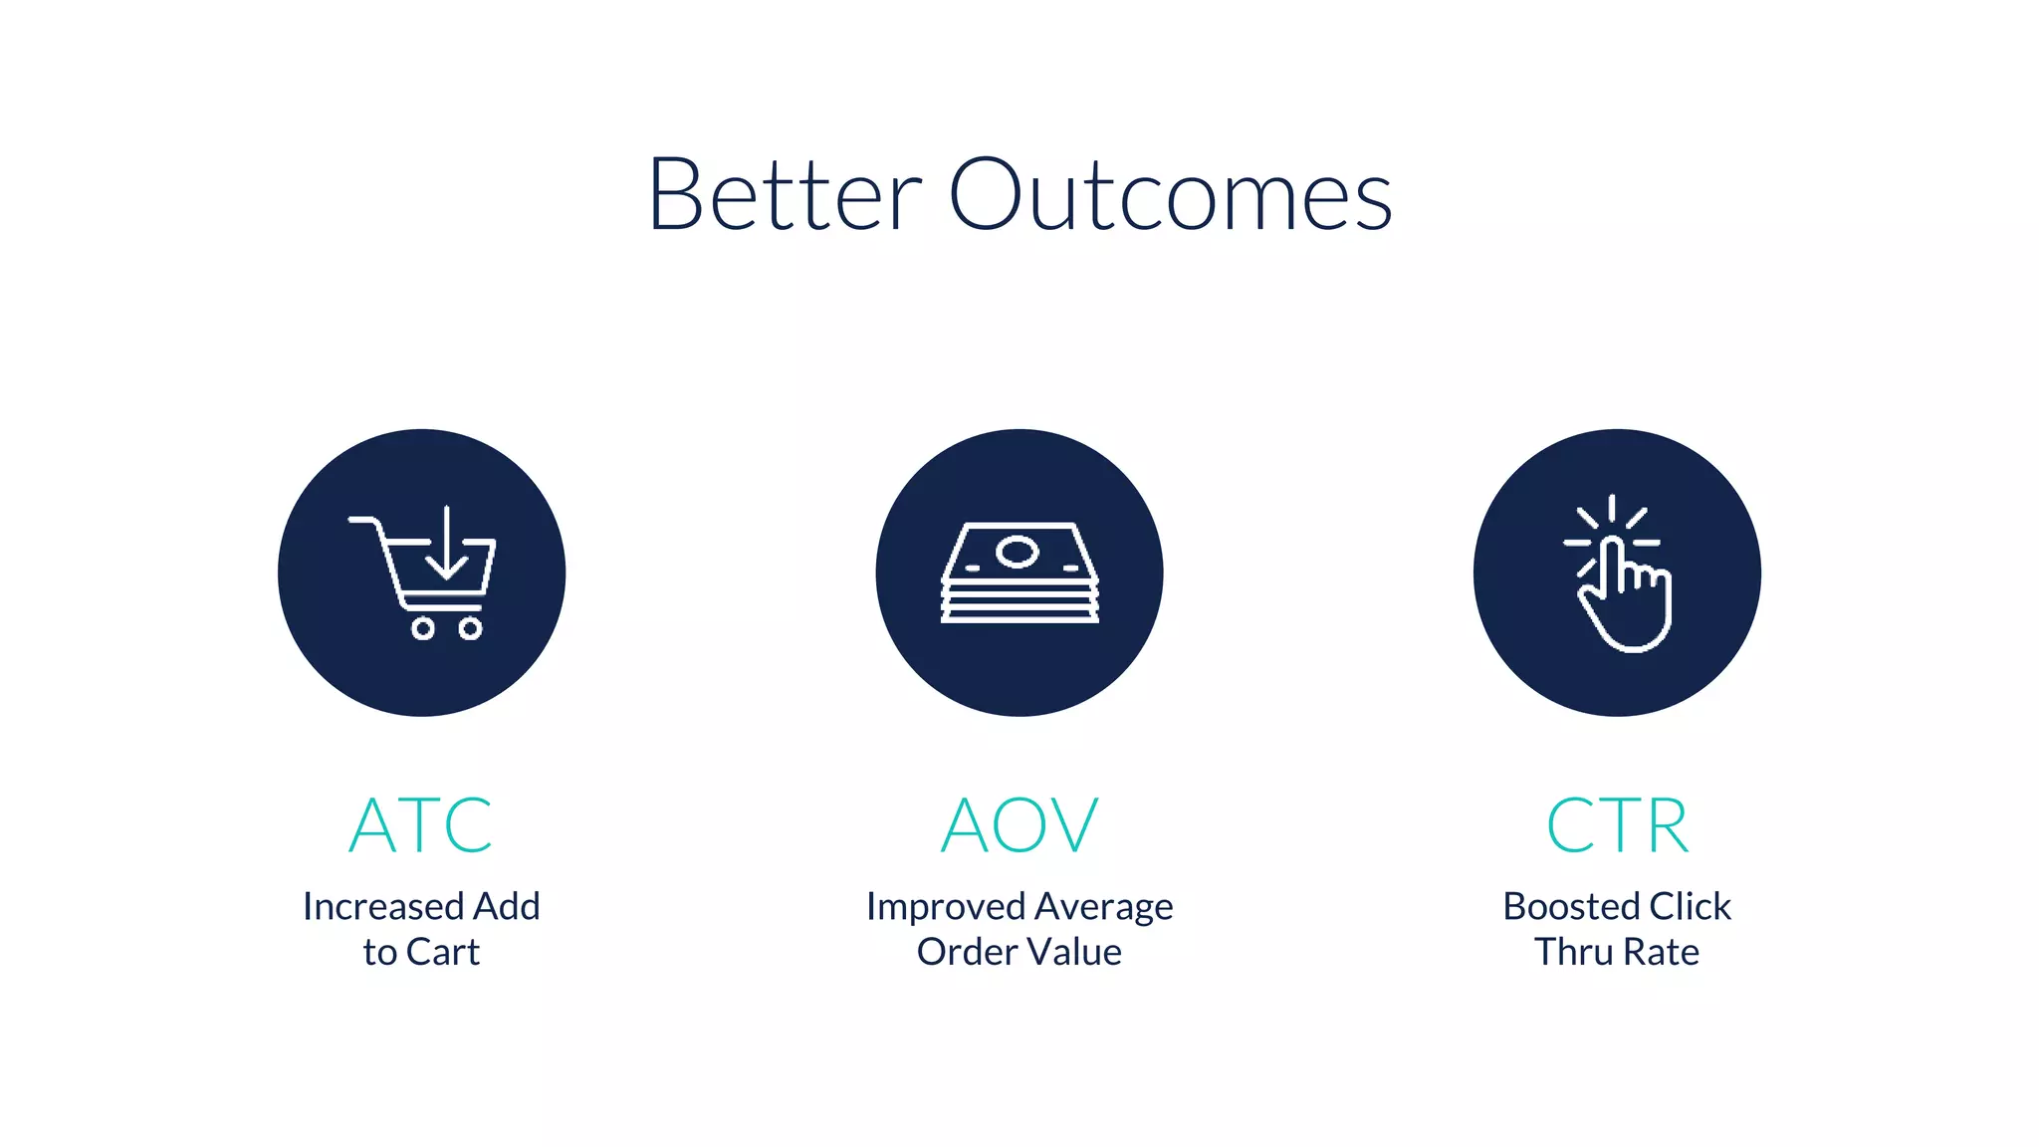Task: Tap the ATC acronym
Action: pyautogui.click(x=421, y=825)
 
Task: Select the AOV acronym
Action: pyautogui.click(x=1019, y=825)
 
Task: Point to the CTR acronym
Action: pyautogui.click(x=1617, y=825)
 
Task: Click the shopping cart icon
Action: pyautogui.click(x=422, y=573)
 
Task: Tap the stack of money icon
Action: pyautogui.click(x=1019, y=573)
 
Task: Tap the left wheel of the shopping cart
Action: pyautogui.click(x=423, y=628)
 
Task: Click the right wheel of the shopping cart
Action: pyautogui.click(x=470, y=628)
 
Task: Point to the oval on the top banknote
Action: pyautogui.click(x=1018, y=551)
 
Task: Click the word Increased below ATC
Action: pyautogui.click(x=383, y=906)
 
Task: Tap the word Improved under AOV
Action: pyautogui.click(x=946, y=906)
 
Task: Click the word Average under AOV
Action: pyautogui.click(x=1104, y=906)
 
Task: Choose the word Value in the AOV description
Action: pyautogui.click(x=1074, y=952)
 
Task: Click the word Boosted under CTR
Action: pyautogui.click(x=1570, y=906)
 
